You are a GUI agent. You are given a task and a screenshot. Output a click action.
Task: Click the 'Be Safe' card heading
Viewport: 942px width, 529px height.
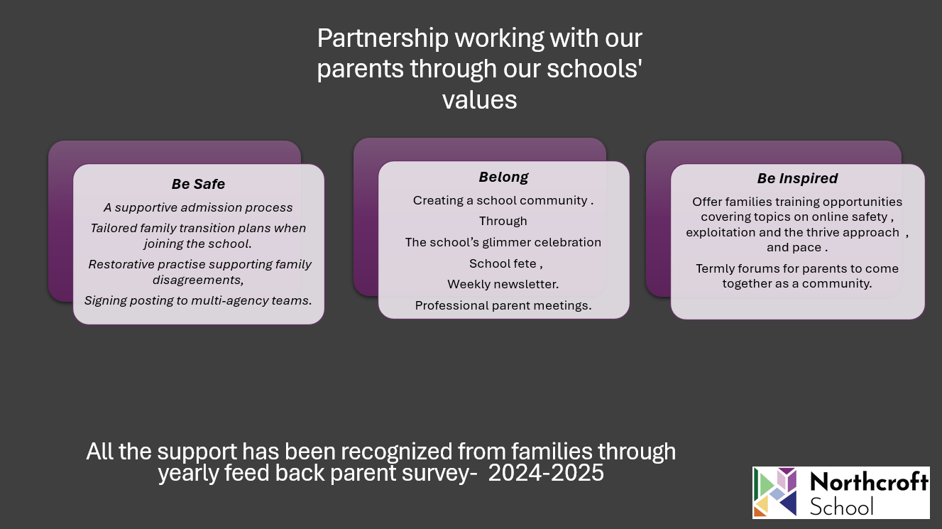click(198, 184)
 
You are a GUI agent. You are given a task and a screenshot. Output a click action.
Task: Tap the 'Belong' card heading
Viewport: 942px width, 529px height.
click(503, 177)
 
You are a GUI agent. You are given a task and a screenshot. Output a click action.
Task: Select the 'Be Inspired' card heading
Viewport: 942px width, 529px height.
click(797, 178)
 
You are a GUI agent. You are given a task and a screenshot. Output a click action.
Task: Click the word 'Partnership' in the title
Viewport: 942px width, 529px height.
click(383, 38)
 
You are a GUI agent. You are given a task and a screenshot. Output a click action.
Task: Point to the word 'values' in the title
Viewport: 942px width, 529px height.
click(479, 100)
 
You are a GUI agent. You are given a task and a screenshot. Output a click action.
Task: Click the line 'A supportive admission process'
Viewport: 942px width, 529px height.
click(198, 207)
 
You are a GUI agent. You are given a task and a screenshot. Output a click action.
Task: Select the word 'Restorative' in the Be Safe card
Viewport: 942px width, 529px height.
click(121, 264)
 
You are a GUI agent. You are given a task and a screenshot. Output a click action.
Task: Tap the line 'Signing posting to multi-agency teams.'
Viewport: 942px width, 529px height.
click(198, 300)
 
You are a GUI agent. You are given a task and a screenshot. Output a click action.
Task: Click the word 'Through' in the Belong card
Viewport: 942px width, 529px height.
click(503, 222)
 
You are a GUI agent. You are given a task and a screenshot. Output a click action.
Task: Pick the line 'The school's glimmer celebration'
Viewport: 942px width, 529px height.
click(503, 243)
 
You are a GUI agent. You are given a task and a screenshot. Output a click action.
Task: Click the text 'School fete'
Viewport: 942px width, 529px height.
click(503, 263)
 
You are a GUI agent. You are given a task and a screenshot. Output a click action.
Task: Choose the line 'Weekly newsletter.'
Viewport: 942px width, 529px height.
click(503, 284)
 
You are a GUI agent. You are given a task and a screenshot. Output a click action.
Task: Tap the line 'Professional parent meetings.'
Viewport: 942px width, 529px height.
click(503, 306)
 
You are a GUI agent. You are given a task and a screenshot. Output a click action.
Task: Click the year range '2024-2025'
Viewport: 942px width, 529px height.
click(546, 473)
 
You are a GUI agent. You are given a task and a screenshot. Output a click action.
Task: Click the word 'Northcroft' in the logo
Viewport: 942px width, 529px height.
click(869, 481)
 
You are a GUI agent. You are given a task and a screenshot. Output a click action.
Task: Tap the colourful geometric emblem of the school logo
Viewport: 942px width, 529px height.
click(775, 492)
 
